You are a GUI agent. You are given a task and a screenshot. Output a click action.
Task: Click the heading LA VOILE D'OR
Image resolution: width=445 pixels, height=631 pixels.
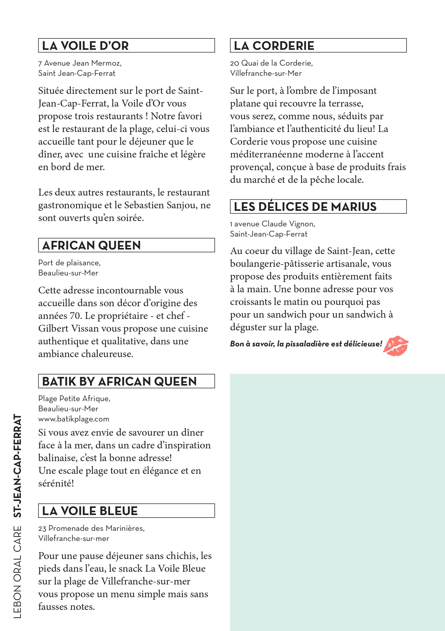[85, 46]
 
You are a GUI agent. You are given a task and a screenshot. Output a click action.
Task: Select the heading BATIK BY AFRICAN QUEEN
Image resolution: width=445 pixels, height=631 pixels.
[119, 381]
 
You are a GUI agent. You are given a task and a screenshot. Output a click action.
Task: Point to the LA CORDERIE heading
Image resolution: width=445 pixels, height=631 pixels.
[274, 46]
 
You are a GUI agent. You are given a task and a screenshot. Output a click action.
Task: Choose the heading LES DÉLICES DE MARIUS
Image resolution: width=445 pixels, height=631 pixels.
[305, 207]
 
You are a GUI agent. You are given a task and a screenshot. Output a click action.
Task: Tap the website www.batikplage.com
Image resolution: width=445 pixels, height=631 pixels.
[74, 419]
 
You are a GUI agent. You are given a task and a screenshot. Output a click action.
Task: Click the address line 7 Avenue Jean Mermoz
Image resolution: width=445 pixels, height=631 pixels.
[80, 63]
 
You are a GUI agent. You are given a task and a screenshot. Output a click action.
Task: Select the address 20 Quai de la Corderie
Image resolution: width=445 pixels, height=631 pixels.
[271, 63]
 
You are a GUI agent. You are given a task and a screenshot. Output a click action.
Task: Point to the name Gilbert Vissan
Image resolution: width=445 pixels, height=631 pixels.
[68, 328]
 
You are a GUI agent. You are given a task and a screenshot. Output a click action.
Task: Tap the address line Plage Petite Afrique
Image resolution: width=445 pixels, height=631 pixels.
[74, 399]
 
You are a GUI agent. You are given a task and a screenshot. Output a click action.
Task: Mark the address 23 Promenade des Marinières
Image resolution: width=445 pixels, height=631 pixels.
[91, 528]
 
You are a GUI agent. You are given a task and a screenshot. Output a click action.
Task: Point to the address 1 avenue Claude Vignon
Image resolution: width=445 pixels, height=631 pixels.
[272, 224]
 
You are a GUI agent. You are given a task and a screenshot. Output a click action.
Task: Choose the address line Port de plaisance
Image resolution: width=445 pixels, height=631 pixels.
[69, 263]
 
